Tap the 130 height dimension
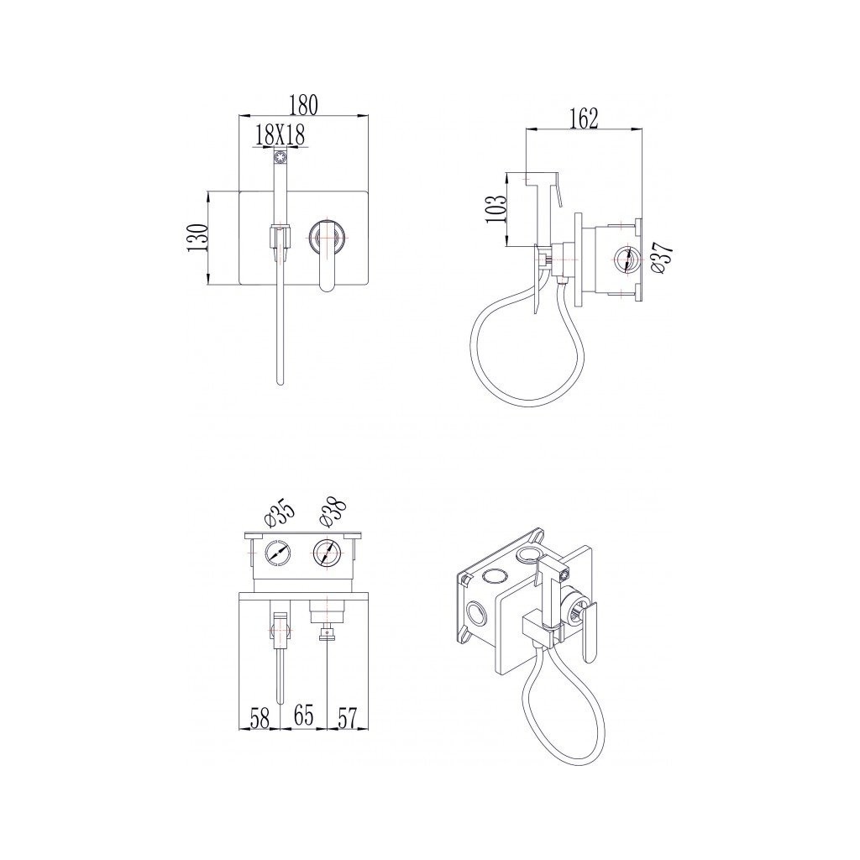pos(198,238)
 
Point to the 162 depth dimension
pos(584,118)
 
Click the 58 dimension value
pos(260,718)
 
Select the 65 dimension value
pos(303,716)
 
